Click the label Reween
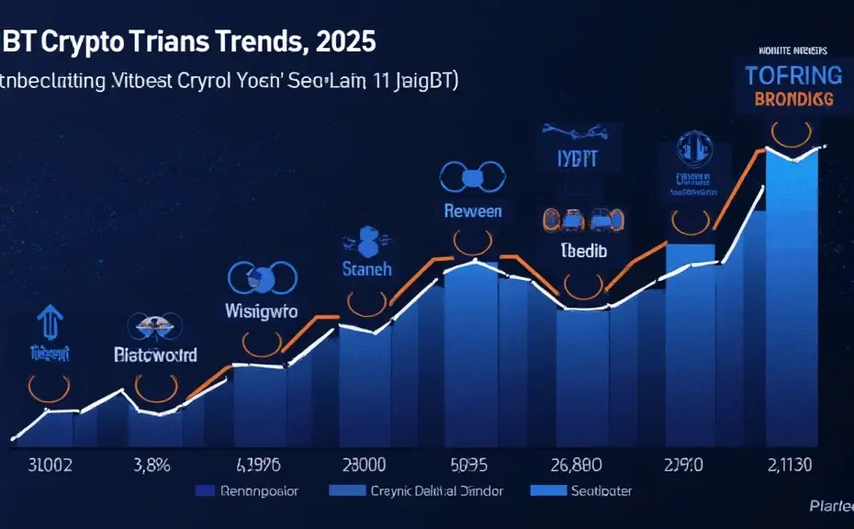[473, 210]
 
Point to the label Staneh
[366, 269]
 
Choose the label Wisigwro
[262, 311]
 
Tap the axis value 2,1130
[790, 464]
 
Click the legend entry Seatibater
[601, 491]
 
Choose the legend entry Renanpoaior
[259, 491]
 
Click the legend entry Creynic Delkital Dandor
[436, 491]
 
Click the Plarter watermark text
[830, 506]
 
